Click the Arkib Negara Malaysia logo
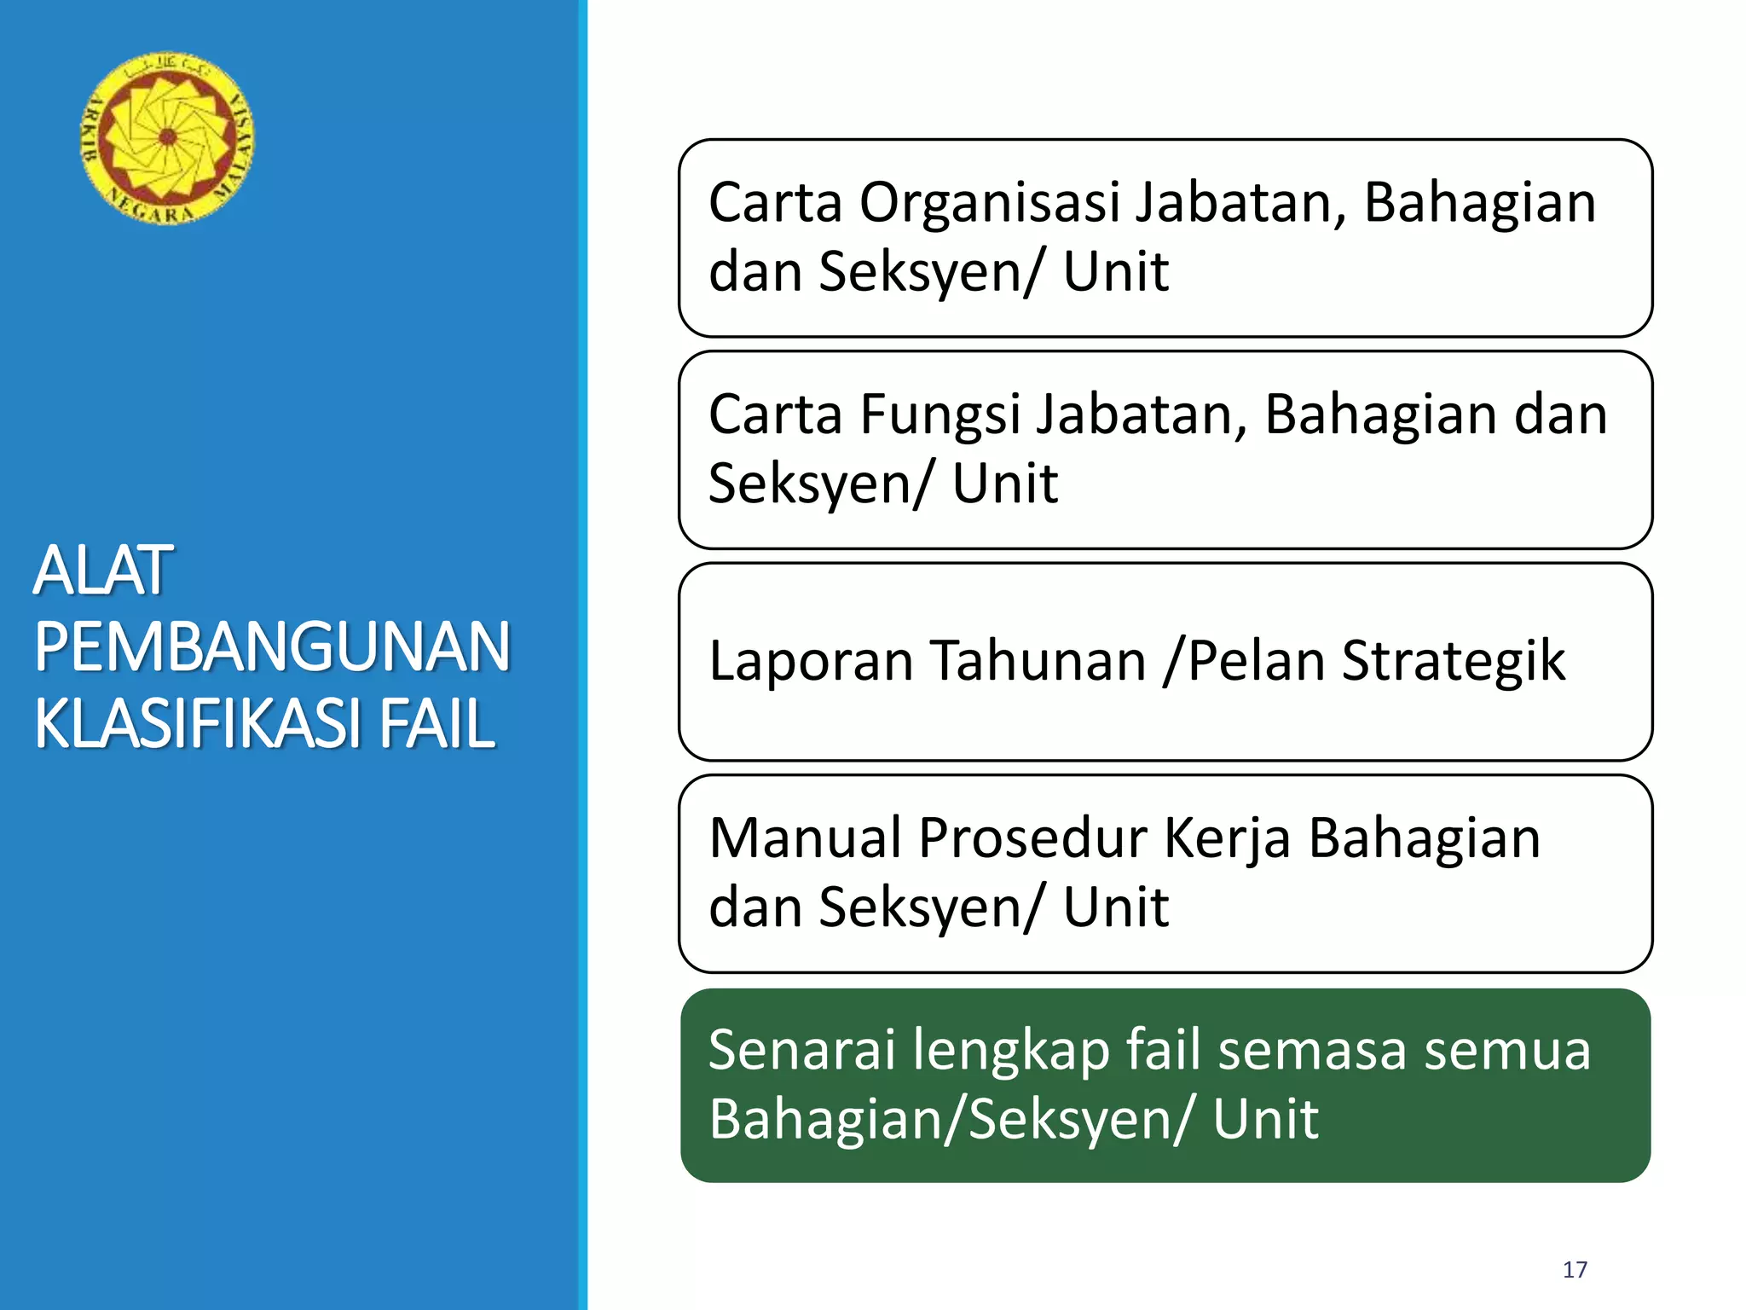pyautogui.click(x=167, y=138)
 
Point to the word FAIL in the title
pyautogui.click(x=436, y=723)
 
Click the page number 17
pyautogui.click(x=1575, y=1270)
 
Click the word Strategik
pyautogui.click(x=1454, y=661)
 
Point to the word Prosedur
pyautogui.click(x=1032, y=838)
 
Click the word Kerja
pyautogui.click(x=1228, y=838)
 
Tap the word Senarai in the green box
pyautogui.click(x=801, y=1050)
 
